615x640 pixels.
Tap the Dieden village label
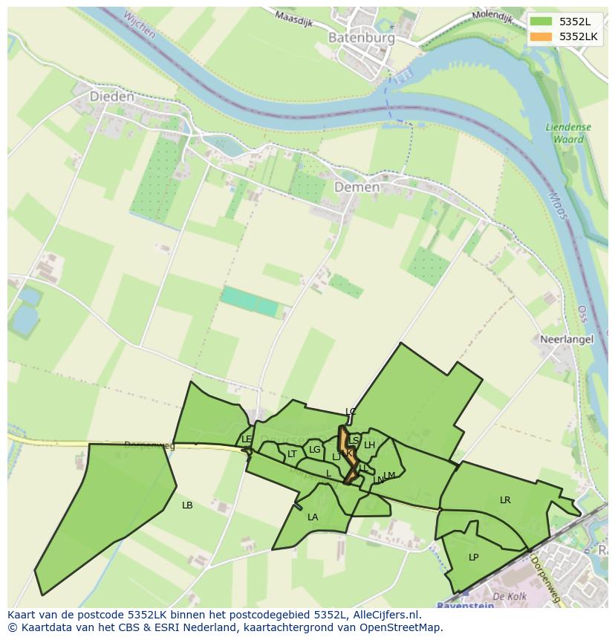[x=112, y=97]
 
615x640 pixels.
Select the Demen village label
[x=357, y=187]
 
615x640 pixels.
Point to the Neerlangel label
[x=567, y=339]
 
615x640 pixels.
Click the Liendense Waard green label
[x=568, y=132]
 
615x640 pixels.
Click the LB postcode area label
[x=187, y=505]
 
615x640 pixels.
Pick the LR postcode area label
[x=505, y=500]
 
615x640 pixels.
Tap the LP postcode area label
[x=474, y=557]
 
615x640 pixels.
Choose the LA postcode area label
[x=313, y=517]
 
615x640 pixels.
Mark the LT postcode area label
[x=292, y=454]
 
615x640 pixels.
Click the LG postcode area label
[x=315, y=450]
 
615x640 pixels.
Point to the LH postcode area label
[x=369, y=446]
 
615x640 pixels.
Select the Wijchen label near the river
[x=139, y=24]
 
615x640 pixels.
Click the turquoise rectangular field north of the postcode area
[x=250, y=300]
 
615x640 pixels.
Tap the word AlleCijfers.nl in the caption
[x=384, y=615]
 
